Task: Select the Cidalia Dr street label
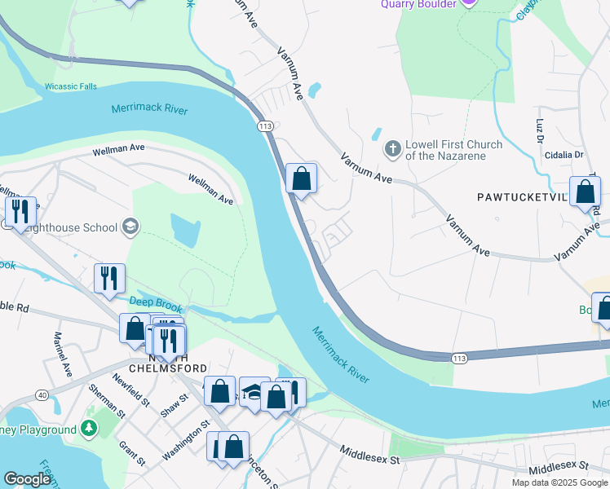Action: pos(564,154)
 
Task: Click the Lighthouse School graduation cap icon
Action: pos(130,227)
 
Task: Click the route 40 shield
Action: pos(41,395)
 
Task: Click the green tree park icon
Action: pos(89,428)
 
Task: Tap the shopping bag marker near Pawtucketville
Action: pos(585,192)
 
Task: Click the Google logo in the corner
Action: pos(27,479)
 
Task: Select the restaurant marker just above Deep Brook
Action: pos(108,278)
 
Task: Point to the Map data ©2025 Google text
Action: pos(559,482)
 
